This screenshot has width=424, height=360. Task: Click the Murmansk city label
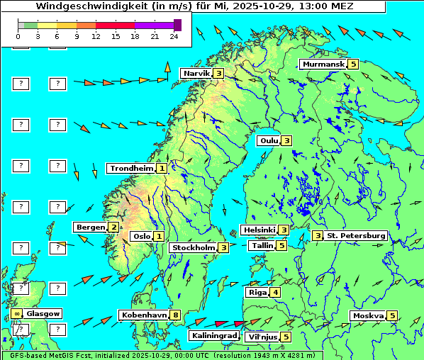[x=323, y=64]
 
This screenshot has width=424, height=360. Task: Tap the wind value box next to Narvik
[x=219, y=73]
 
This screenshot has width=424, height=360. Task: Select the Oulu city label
[x=268, y=140]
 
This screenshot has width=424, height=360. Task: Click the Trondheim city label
[x=130, y=169]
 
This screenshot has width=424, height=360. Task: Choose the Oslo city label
[x=140, y=237]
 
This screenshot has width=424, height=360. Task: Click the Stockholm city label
[x=192, y=248]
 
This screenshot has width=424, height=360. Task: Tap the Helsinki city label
[x=258, y=230]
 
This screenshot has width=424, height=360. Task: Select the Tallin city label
[x=261, y=246]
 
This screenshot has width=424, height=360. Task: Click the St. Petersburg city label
[x=355, y=236]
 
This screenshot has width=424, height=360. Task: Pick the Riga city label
[x=255, y=293]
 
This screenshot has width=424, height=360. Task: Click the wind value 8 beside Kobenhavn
[x=176, y=315]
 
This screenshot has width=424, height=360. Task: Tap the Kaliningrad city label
[x=213, y=336]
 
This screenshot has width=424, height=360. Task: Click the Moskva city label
[x=367, y=316]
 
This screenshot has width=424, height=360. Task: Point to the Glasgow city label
[x=44, y=313]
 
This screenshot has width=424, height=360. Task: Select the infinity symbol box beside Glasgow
[x=16, y=313]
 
